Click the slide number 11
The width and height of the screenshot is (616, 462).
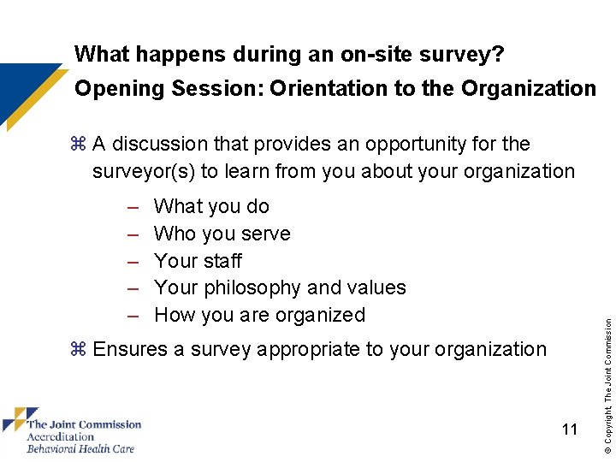[x=570, y=429]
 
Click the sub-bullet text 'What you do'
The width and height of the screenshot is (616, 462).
[x=211, y=206]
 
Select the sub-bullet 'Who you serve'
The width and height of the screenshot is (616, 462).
[x=222, y=234]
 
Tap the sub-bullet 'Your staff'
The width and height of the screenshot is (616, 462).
[x=198, y=261]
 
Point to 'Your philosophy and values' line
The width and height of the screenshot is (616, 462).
[x=280, y=287]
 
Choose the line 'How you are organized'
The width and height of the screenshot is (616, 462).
[x=259, y=315]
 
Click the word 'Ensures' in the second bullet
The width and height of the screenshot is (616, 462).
[x=129, y=349]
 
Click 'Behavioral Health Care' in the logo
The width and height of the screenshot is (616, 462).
[x=80, y=448]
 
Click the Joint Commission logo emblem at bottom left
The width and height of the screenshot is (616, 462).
[x=15, y=420]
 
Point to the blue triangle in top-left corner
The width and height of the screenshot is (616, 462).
[x=21, y=86]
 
